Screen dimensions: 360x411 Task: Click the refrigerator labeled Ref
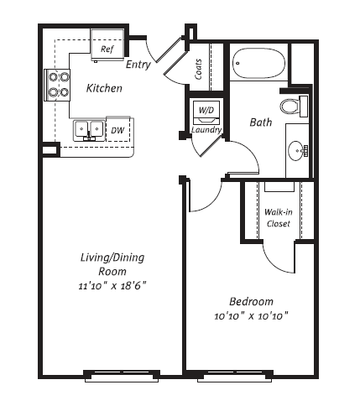107,44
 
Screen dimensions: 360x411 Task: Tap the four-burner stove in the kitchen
57,85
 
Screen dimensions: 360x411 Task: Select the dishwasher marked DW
118,130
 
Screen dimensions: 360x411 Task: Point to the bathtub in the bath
258,64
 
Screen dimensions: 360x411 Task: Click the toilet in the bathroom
294,107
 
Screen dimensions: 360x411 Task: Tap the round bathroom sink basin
296,151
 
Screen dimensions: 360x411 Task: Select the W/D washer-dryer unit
206,112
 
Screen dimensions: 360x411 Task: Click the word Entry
138,65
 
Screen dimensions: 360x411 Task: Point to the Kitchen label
104,88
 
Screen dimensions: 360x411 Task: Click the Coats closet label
198,69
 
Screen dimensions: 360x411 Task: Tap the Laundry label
206,130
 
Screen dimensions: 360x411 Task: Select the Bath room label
261,122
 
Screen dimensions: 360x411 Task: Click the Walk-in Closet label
279,218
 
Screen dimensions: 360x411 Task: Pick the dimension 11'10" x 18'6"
112,286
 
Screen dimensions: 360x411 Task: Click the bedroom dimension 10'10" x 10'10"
251,316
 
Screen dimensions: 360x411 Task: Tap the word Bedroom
251,301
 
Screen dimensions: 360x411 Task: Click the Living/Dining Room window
122,376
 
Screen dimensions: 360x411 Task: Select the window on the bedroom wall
235,376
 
